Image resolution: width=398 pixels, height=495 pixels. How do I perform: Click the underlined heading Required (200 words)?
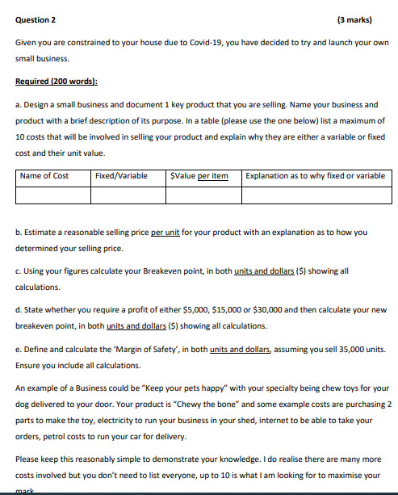[57, 82]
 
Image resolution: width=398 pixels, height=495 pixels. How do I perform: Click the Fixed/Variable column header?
[121, 176]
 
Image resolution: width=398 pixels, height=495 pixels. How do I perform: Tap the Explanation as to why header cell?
[316, 176]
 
